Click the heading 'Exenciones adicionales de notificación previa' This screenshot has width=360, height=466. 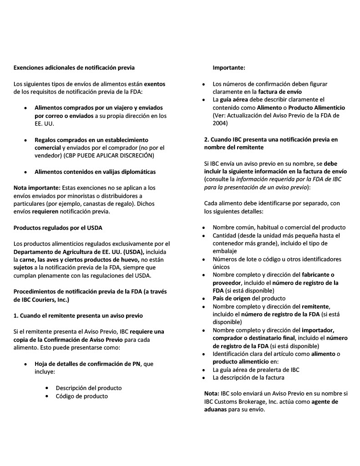click(x=74, y=68)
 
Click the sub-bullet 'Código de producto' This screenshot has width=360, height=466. click(x=82, y=396)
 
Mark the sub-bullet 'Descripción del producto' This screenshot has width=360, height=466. click(x=89, y=388)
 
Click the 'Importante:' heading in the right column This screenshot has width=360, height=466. click(x=229, y=68)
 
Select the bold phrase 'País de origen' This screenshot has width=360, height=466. click(x=231, y=298)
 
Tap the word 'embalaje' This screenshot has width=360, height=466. click(x=225, y=251)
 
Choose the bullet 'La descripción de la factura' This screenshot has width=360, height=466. click(x=248, y=377)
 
